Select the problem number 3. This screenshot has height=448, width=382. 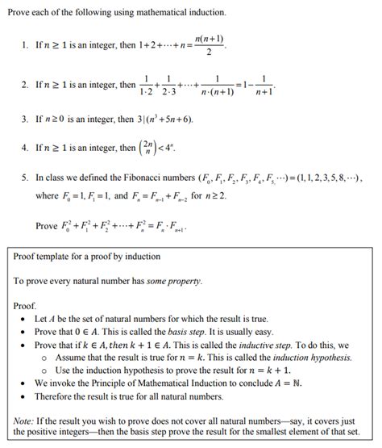coord(25,119)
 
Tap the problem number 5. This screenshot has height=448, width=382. coord(25,175)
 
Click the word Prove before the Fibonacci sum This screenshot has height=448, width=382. coord(48,226)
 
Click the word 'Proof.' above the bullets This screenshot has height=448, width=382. coord(27,307)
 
